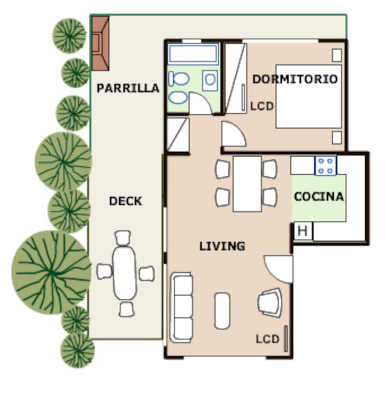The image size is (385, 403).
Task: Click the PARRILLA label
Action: click(128, 88)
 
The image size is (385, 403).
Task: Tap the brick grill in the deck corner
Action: click(101, 43)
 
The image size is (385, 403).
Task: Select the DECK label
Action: click(126, 201)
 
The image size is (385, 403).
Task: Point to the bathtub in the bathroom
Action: click(193, 54)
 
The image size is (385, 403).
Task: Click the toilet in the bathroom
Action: click(179, 79)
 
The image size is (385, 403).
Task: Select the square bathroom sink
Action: click(210, 81)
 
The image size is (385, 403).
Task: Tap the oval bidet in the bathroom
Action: click(178, 97)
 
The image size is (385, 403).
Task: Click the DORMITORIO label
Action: click(295, 79)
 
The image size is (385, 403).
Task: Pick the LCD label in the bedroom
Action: click(262, 106)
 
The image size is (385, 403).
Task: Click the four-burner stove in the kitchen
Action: click(326, 166)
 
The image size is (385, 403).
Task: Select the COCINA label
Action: click(319, 197)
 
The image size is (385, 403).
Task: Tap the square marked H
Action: click(303, 231)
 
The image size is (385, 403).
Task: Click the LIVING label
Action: click(222, 246)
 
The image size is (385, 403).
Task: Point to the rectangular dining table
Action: click(247, 184)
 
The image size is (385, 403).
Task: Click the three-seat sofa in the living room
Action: click(181, 307)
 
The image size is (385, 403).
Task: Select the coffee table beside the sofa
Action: click(222, 311)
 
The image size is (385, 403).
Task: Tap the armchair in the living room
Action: click(270, 303)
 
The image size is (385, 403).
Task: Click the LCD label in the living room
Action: click(267, 339)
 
